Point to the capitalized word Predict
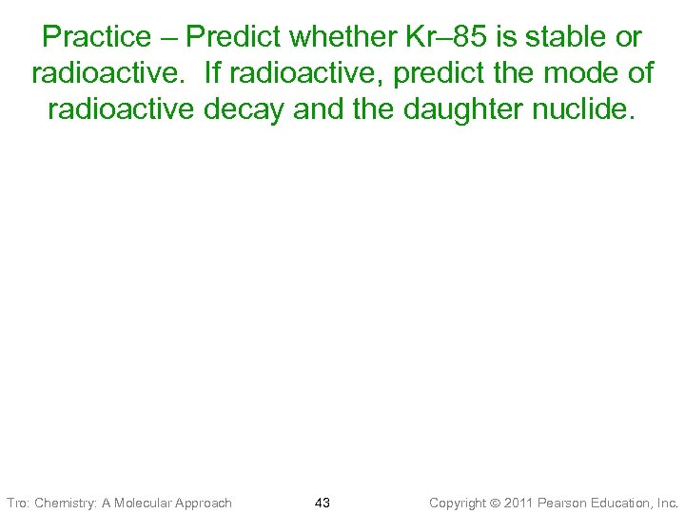[x=233, y=38]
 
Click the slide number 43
[x=322, y=502]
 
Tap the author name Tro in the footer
[x=17, y=502]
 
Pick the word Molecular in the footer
[x=147, y=502]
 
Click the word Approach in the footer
[x=205, y=502]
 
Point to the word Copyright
[x=459, y=502]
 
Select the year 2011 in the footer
[x=519, y=502]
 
